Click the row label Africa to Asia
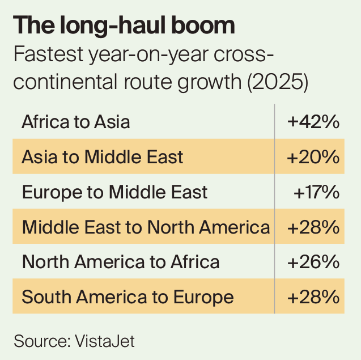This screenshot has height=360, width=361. [x=76, y=122]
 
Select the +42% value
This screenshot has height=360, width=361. [x=313, y=122]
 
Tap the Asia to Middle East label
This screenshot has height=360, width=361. [x=103, y=157]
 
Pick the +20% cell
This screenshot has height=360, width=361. [x=313, y=157]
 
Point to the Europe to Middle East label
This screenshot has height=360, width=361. [x=114, y=192]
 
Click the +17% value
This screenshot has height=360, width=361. [x=316, y=192]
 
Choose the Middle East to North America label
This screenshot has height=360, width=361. [x=146, y=227]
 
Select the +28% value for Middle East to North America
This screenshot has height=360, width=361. [x=313, y=227]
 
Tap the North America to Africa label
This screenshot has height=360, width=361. [x=121, y=262]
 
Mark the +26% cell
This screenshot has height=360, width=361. [x=313, y=262]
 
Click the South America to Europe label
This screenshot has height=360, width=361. [x=128, y=297]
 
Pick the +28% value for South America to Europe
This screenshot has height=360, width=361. [x=313, y=297]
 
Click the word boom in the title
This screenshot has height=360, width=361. [x=203, y=25]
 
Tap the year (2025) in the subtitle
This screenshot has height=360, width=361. [x=278, y=82]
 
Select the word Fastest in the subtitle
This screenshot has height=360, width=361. [x=48, y=54]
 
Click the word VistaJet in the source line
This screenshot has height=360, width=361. [x=105, y=341]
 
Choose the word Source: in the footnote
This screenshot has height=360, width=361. [x=42, y=341]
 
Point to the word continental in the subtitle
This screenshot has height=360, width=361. [x=65, y=81]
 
